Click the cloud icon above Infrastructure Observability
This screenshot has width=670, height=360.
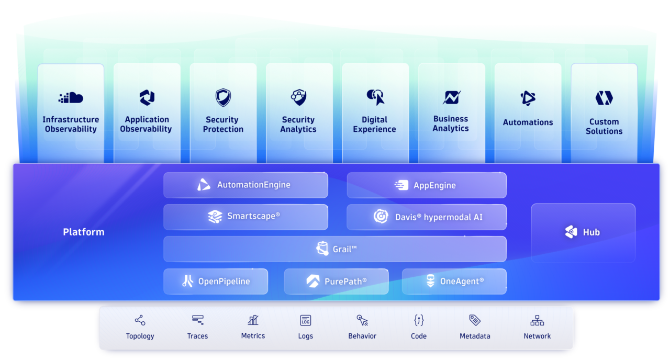point(71,97)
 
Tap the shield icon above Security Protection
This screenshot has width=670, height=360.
point(223,97)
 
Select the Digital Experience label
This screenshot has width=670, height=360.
point(374,125)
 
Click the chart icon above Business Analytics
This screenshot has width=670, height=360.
point(451,97)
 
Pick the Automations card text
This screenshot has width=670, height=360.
point(528,122)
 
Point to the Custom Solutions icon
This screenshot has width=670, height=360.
point(604,98)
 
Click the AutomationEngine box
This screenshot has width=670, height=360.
point(245,185)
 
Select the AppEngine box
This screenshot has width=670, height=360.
point(426,185)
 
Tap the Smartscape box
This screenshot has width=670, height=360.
point(245,217)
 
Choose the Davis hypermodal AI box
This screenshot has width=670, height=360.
point(426,217)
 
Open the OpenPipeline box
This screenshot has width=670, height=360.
point(216,282)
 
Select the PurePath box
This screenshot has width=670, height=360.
point(336,282)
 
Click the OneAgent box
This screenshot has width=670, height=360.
point(454,282)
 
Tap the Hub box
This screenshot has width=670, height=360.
point(583,232)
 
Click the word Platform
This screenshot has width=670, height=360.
point(84,232)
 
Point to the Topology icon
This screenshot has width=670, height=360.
point(140,320)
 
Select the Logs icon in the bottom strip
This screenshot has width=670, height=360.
point(306,320)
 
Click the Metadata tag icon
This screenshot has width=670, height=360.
point(475,320)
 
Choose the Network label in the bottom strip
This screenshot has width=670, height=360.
point(537,336)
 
